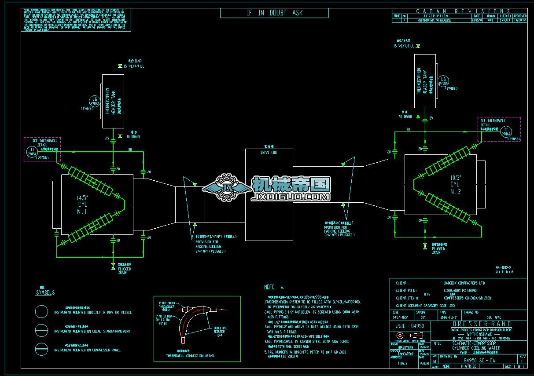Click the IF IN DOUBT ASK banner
tap(274, 13)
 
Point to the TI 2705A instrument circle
tap(32, 152)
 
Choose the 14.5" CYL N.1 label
tap(82, 204)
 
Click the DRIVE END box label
tap(269, 152)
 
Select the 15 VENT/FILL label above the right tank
tap(404, 45)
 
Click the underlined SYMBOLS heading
tap(45, 292)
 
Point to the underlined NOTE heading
tap(269, 287)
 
